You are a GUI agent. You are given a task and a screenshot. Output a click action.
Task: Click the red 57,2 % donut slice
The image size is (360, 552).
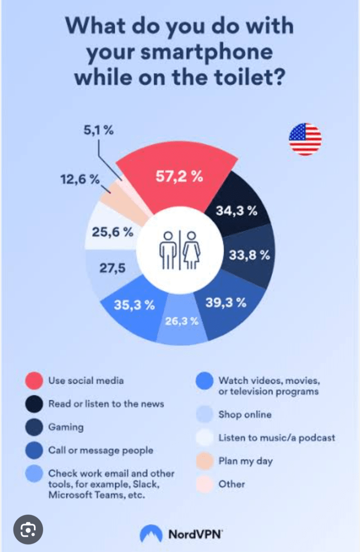pos(178,178)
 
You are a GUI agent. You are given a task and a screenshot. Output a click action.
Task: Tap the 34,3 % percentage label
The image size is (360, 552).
pos(236,211)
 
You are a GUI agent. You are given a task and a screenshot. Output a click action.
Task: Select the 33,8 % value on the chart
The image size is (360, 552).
pos(249,255)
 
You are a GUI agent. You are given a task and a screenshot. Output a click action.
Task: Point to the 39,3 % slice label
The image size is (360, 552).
pos(226,303)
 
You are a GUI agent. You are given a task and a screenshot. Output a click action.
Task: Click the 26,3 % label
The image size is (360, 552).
pos(182,322)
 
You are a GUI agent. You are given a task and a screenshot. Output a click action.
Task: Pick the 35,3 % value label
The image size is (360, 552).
pos(134,304)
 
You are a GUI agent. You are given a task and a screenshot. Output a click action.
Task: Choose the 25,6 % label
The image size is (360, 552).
pos(113,233)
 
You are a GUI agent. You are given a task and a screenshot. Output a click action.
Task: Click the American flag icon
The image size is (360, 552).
pos(305,139)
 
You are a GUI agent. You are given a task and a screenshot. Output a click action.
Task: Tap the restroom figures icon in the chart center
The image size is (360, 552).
pos(179,250)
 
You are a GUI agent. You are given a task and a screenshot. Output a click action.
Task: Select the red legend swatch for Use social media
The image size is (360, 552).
pos(33,381)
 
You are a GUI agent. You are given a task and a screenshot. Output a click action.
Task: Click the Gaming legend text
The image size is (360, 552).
pos(66,427)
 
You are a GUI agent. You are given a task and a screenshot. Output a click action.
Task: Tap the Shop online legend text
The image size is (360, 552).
pos(244,415)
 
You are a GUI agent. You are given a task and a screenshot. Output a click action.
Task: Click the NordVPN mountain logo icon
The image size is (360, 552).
pos(151,534)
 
